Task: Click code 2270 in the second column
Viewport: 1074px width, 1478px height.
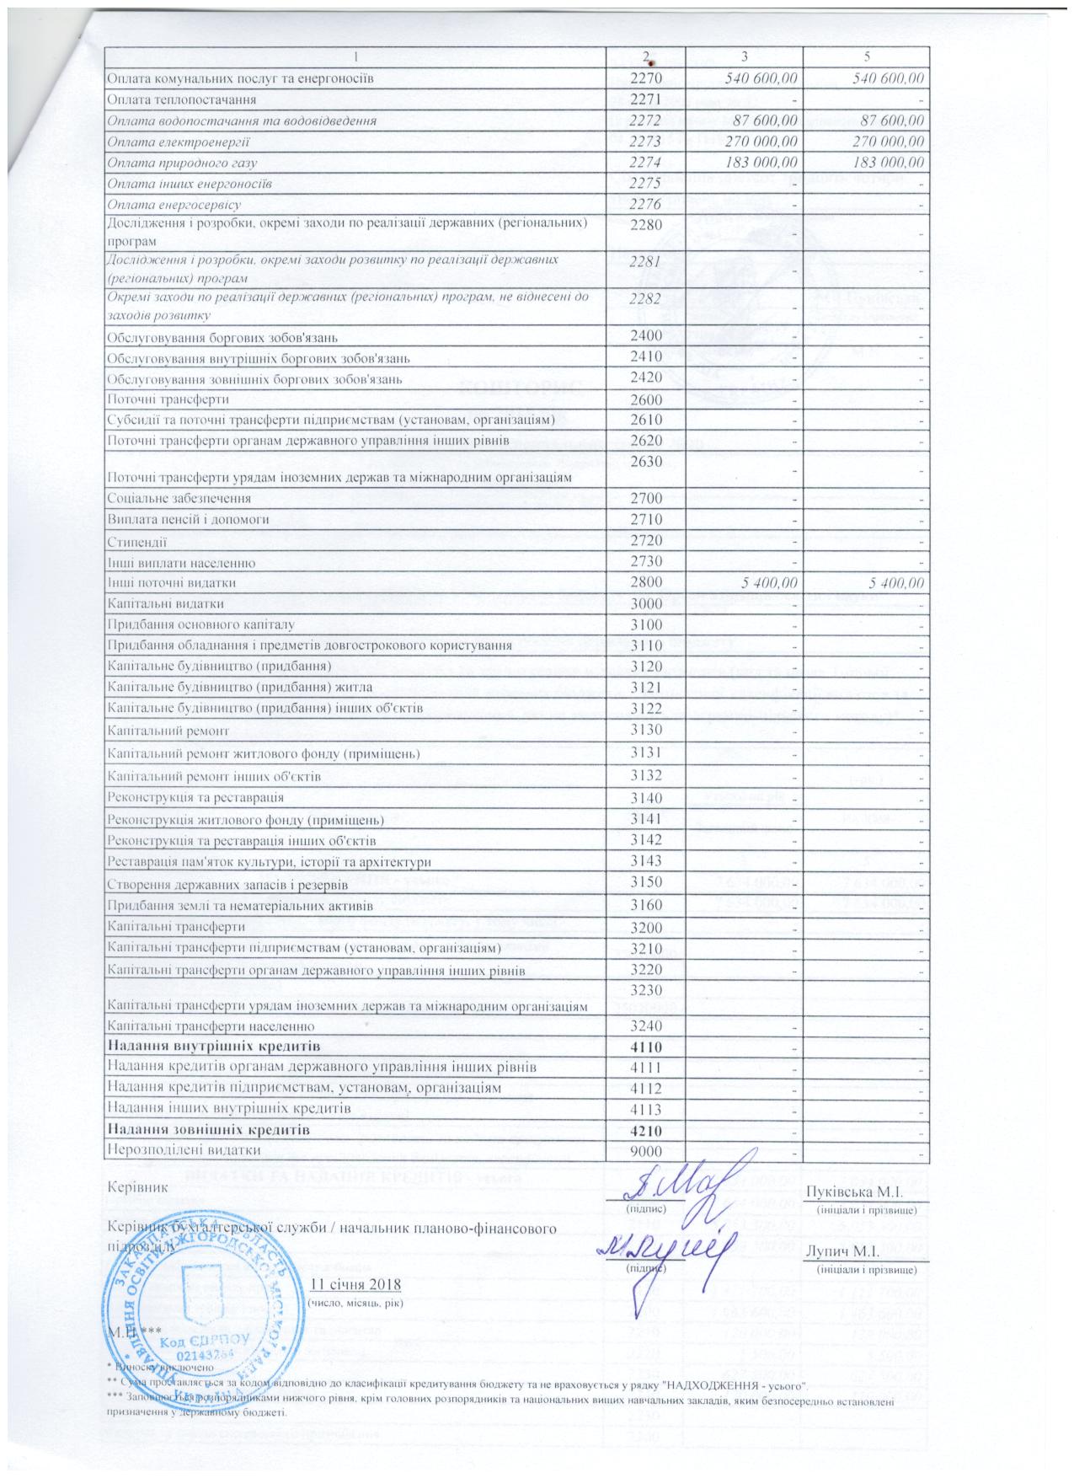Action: tap(647, 78)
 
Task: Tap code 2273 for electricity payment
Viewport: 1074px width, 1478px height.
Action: tap(647, 142)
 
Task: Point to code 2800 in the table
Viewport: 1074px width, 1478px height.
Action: tap(647, 582)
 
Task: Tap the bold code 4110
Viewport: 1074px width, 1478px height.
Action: tap(647, 1047)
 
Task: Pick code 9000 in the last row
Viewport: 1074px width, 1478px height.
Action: tap(647, 1149)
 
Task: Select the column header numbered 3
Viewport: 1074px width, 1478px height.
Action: tap(743, 56)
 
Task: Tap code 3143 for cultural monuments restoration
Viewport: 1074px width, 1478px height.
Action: tap(647, 861)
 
